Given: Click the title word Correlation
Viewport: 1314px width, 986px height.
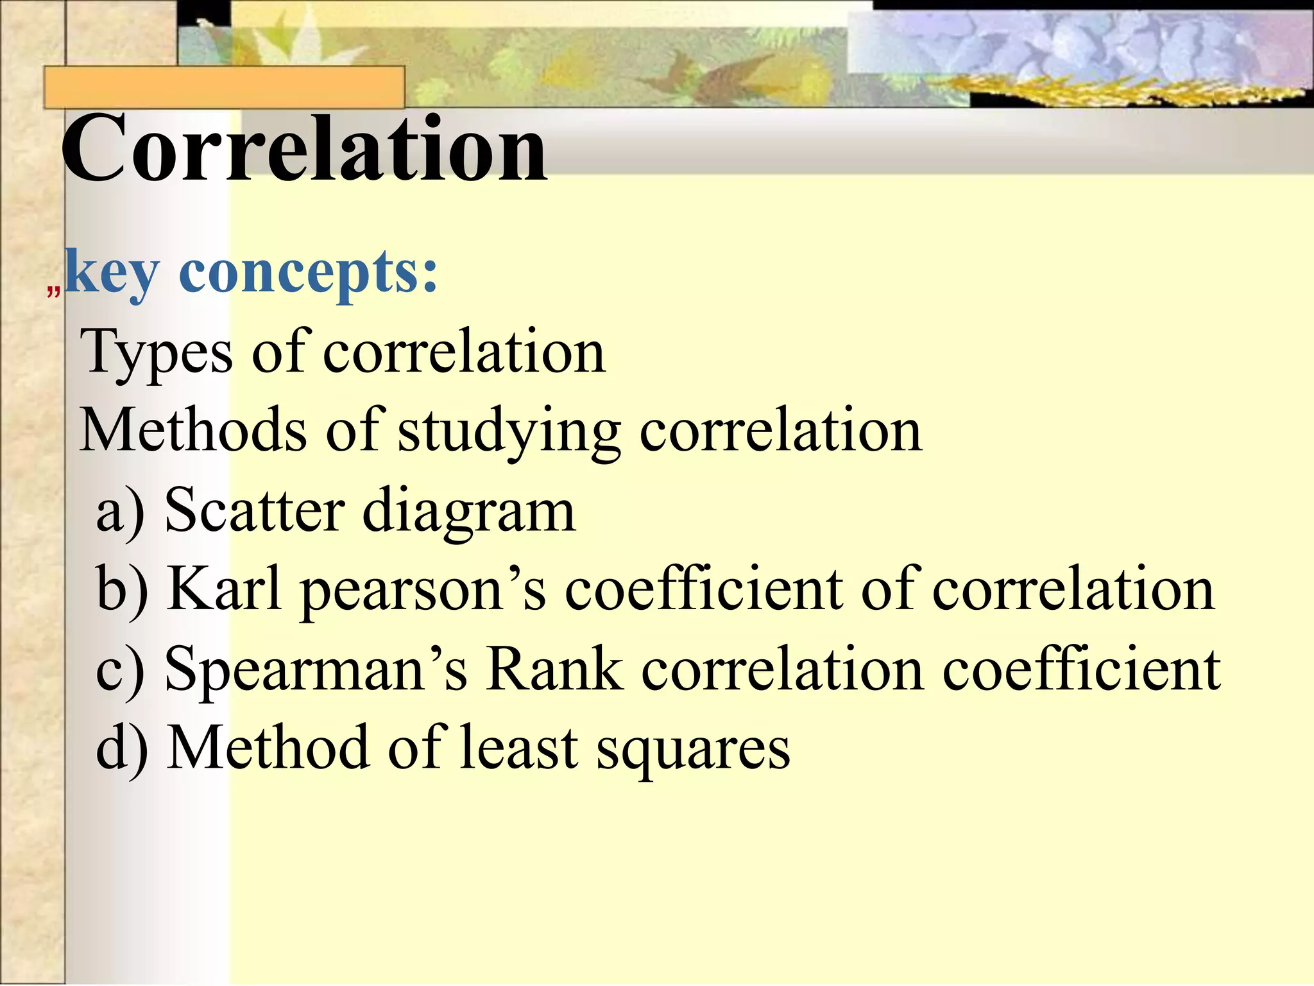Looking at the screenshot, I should (303, 149).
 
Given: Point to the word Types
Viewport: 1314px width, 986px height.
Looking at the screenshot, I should (157, 352).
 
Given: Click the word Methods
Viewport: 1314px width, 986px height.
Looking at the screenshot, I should (193, 431).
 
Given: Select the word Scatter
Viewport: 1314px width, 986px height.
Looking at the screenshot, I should (255, 510).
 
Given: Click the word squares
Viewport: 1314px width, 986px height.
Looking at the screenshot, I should (694, 750).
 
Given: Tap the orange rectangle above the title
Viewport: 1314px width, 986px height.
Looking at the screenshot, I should (224, 87).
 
